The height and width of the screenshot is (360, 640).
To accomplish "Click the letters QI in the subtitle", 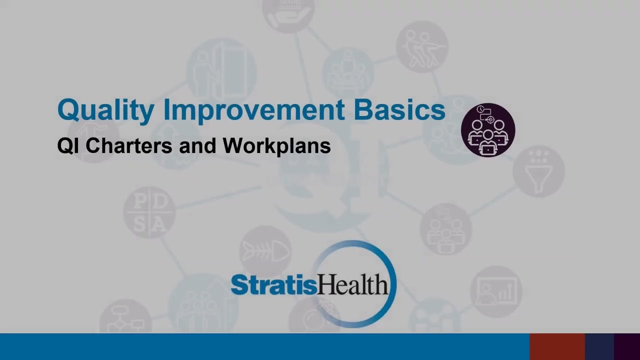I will (x=68, y=146).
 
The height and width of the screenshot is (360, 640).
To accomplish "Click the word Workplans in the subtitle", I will (x=276, y=146).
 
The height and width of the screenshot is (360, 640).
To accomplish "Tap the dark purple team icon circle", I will (x=487, y=130).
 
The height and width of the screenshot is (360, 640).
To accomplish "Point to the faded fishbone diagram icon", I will (x=265, y=251).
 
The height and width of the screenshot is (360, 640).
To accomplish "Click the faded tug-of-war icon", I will (x=422, y=46).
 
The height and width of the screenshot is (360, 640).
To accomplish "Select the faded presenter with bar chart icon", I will (x=496, y=291).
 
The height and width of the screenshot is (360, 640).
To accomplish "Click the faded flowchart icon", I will (x=125, y=320).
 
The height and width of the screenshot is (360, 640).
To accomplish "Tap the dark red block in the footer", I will (x=557, y=346).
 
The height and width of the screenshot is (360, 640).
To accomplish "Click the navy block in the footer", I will (x=599, y=346).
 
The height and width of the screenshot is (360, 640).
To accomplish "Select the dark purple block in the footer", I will (x=627, y=346).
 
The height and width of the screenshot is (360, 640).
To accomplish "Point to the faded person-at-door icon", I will (x=220, y=70).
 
